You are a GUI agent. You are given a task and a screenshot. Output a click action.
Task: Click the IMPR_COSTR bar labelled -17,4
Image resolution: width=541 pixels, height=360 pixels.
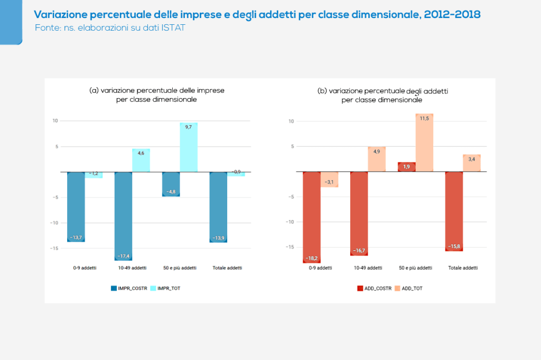point(123,216)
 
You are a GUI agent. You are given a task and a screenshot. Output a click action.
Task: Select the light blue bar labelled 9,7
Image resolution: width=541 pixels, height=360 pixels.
point(189,147)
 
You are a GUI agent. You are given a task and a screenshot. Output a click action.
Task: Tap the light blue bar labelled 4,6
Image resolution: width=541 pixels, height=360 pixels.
point(141,160)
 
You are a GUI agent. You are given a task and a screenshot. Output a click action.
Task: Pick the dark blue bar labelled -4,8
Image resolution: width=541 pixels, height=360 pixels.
point(171,184)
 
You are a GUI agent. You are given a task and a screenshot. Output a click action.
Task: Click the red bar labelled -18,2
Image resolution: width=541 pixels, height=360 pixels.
point(312,217)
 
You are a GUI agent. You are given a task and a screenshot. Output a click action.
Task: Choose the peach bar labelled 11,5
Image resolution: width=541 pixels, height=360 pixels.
point(424,143)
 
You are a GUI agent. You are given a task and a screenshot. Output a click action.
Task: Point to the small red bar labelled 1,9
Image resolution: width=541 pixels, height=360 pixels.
point(406,167)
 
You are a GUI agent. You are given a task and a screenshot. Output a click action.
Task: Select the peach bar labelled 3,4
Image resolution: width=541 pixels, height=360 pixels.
point(472,163)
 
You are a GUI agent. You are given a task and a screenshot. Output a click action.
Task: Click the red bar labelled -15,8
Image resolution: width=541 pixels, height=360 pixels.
point(454,211)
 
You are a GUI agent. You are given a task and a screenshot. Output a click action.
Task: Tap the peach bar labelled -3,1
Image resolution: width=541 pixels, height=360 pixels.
point(330,179)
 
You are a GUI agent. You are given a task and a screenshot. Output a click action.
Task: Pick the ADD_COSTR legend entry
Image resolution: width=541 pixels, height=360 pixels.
point(375,288)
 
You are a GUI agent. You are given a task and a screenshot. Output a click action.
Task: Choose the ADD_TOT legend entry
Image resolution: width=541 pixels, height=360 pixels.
point(412,288)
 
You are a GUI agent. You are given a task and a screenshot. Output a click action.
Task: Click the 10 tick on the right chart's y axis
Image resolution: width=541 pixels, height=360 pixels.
point(291,121)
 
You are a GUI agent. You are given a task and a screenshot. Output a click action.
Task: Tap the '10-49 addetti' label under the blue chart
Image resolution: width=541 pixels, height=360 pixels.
point(132,268)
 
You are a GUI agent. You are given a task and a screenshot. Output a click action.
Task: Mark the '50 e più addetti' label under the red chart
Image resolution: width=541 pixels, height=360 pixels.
point(415,268)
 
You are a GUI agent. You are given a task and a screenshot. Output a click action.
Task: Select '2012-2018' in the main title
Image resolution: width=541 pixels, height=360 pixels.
point(452,14)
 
